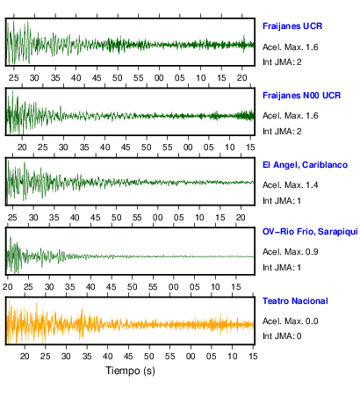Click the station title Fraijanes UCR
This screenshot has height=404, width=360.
(x=292, y=26)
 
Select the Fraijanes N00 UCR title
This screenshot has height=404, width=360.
(x=301, y=96)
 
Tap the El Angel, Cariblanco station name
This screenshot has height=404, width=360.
(x=305, y=165)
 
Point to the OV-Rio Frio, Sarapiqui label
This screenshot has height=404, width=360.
(x=310, y=232)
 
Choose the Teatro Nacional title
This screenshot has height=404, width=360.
(x=295, y=301)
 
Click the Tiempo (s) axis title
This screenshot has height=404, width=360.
(x=130, y=371)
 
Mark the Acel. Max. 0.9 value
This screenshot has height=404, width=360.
(x=290, y=252)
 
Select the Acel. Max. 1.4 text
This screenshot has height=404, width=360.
(x=290, y=185)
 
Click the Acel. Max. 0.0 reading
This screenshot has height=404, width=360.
(x=290, y=321)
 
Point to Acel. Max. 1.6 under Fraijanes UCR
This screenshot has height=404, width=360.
(x=290, y=47)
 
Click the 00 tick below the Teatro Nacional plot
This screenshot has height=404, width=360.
(x=191, y=357)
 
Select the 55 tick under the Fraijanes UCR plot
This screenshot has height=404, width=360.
(x=138, y=78)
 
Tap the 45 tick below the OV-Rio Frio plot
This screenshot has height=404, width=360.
(x=112, y=287)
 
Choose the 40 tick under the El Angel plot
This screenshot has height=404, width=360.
(x=75, y=218)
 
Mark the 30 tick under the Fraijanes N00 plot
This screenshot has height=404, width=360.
(x=63, y=148)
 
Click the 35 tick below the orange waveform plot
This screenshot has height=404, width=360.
(x=87, y=357)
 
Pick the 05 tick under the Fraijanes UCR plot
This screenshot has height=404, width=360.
(x=180, y=78)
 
